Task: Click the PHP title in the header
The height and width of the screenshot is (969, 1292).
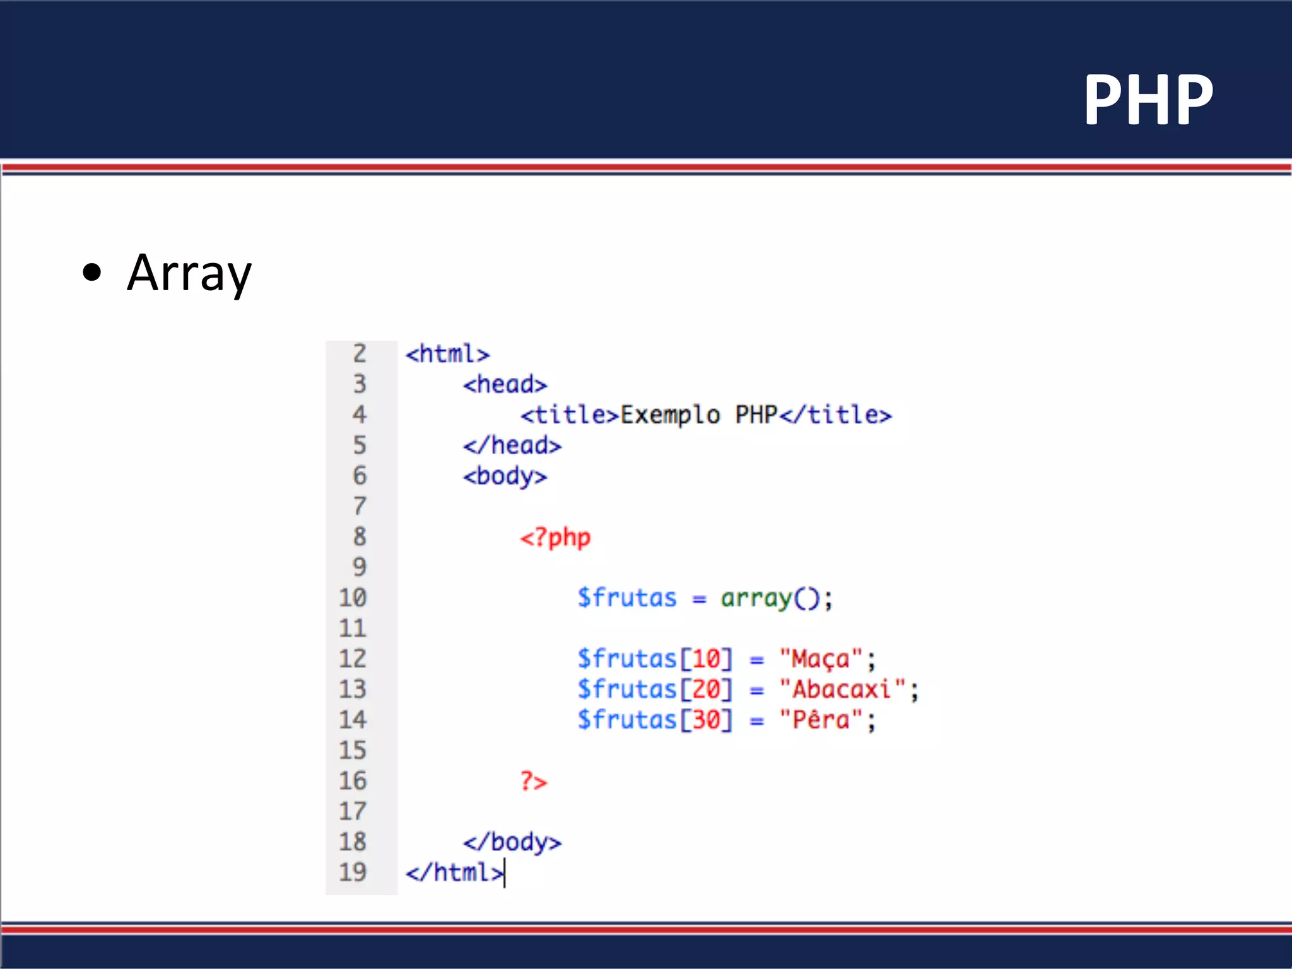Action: pyautogui.click(x=1148, y=100)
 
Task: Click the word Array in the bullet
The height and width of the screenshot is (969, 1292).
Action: pyautogui.click(x=189, y=273)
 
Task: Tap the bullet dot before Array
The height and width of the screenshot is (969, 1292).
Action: pyautogui.click(x=92, y=272)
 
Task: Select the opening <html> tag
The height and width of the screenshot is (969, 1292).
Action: pyautogui.click(x=447, y=354)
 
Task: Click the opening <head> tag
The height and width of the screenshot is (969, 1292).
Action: pyautogui.click(x=505, y=384)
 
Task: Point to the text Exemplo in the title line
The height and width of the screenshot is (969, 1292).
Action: pyautogui.click(x=670, y=415)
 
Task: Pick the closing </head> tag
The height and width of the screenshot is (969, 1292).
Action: pyautogui.click(x=512, y=445)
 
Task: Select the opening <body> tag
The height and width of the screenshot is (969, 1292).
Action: pyautogui.click(x=505, y=476)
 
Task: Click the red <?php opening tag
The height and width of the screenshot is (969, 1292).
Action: pyautogui.click(x=555, y=537)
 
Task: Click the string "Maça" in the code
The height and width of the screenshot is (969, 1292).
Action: pyautogui.click(x=821, y=659)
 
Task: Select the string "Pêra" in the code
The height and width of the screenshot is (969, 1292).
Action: pyautogui.click(x=821, y=720)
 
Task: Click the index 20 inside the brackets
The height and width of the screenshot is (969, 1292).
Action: pyautogui.click(x=707, y=690)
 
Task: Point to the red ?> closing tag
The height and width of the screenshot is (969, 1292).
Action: pyautogui.click(x=534, y=781)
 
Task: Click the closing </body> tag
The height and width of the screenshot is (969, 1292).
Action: pyautogui.click(x=512, y=842)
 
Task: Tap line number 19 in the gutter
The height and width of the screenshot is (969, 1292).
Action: pyautogui.click(x=353, y=872)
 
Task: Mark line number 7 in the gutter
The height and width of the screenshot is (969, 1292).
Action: pyautogui.click(x=360, y=507)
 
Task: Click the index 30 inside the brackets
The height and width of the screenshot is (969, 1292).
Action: pyautogui.click(x=707, y=720)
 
